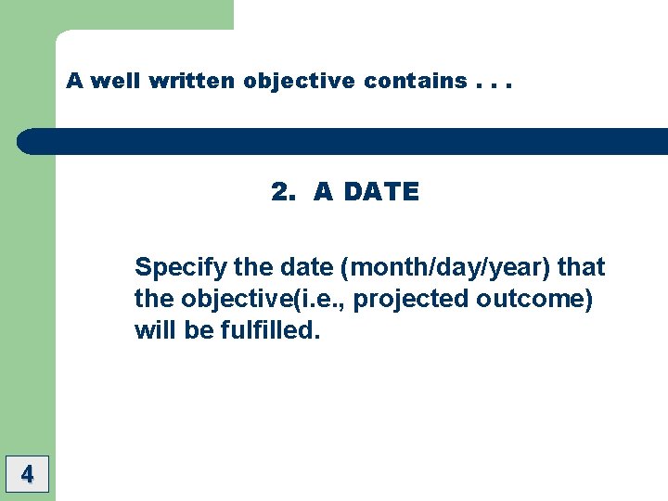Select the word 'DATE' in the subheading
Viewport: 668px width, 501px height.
[x=379, y=192]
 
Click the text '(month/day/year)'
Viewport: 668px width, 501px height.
[x=448, y=268]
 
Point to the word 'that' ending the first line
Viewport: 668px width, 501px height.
[x=582, y=267]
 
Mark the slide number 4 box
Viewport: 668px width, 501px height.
[x=27, y=475]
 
